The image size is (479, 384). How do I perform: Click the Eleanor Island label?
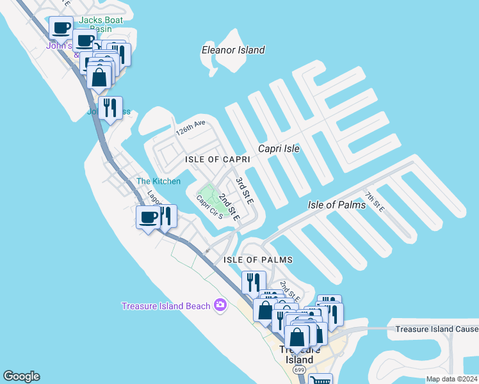[233, 50]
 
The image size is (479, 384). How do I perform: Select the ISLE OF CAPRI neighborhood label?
[217, 159]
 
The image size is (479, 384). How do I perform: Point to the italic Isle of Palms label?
[337, 205]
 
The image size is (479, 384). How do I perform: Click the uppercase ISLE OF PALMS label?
[258, 260]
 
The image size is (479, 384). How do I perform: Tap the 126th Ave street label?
[191, 124]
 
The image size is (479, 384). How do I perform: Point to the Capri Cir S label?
[209, 207]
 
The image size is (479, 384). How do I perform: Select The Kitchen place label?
[158, 181]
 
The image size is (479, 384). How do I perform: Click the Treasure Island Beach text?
[166, 306]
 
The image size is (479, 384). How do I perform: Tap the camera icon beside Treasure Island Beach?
[221, 305]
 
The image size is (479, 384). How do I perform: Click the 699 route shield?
[299, 371]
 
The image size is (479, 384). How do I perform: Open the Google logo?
[21, 376]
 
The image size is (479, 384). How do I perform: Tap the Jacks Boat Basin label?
[95, 24]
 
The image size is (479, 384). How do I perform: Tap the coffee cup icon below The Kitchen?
[149, 218]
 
